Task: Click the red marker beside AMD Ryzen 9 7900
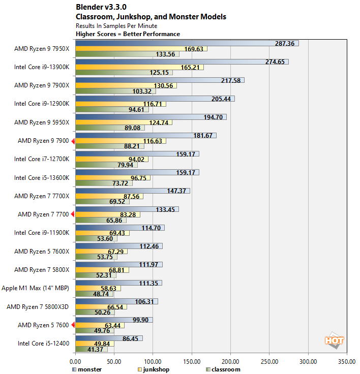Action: point(73,141)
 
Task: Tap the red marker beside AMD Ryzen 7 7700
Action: point(73,214)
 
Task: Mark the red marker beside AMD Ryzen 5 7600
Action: point(73,324)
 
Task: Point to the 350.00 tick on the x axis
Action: point(347,362)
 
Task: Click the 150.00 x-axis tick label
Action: point(192,362)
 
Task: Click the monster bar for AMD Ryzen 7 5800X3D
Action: point(116,301)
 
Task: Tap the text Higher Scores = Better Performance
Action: point(128,34)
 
